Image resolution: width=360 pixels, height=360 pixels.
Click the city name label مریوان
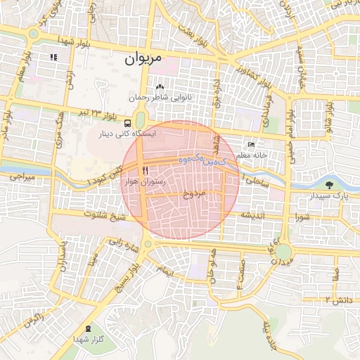click(x=143, y=59)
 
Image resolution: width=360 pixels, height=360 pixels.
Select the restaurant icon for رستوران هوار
click(x=145, y=171)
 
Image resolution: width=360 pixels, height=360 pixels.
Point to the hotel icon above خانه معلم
click(x=251, y=143)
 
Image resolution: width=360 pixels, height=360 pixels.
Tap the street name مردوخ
click(x=192, y=194)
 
